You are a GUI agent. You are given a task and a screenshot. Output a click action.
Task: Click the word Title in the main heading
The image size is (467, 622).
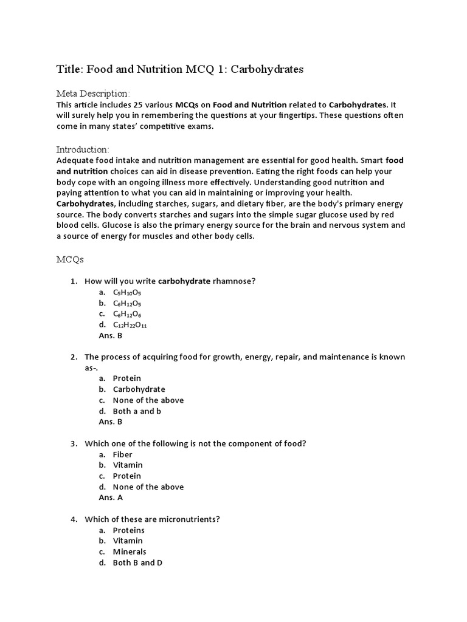coord(69,69)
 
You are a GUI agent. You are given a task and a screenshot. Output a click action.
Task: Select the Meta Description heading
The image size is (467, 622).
coord(93,94)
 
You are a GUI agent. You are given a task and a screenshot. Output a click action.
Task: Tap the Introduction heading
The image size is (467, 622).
coord(83,149)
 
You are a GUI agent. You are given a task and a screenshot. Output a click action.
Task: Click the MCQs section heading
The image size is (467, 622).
coord(70,259)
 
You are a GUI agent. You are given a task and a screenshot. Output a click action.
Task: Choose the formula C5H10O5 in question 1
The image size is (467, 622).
coord(126,292)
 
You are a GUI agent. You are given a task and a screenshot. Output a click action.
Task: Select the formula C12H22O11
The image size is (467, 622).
coord(130,325)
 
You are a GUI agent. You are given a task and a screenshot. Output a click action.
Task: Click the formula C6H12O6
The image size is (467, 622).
coord(126,314)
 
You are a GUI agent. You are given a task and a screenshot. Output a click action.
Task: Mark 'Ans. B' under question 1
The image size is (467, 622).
coord(110,335)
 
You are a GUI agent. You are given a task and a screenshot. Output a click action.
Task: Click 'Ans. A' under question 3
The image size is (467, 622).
coord(110,497)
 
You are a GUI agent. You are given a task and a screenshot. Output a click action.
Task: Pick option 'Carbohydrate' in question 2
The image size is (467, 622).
coord(139,389)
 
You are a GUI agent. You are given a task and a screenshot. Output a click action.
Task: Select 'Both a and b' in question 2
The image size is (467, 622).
coord(137,411)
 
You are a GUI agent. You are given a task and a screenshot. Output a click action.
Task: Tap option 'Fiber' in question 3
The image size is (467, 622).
coord(122,454)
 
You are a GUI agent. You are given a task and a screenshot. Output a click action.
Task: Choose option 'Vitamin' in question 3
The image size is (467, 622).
coord(128,465)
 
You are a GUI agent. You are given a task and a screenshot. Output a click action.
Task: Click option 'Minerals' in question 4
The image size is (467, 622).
coord(130,552)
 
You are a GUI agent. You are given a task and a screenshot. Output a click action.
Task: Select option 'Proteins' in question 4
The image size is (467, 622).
coord(128,530)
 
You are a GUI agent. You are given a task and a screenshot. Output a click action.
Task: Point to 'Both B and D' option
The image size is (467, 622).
coord(137,562)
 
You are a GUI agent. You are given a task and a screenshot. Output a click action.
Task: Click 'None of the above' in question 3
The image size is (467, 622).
coord(148,487)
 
